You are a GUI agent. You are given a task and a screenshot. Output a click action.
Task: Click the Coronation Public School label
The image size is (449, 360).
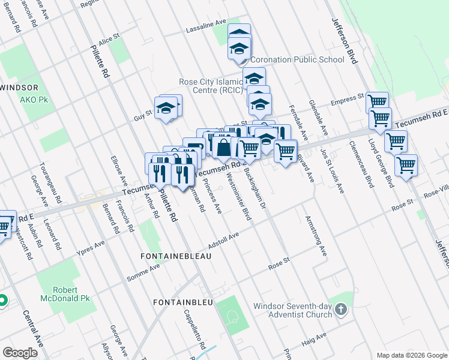point(297,59)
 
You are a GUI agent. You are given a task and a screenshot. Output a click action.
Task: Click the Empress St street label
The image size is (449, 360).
point(346,98)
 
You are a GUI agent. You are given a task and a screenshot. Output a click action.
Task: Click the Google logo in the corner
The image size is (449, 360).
point(20,352)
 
